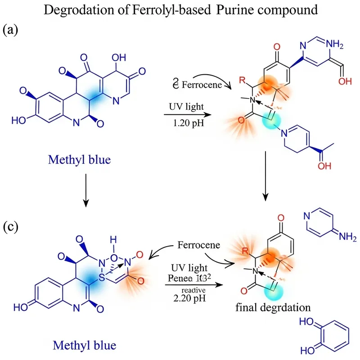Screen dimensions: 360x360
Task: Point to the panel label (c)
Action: point(10,226)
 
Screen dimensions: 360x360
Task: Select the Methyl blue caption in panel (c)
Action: point(84,345)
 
